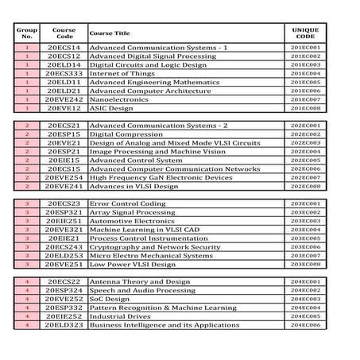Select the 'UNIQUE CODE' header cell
click(305, 33)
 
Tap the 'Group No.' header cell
click(27, 33)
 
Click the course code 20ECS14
click(64, 48)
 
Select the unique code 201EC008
click(305, 107)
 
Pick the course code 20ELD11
click(64, 82)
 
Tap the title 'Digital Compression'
click(122, 134)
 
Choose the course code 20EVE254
click(64, 177)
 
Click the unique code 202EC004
click(305, 151)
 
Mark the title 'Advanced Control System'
click(135, 160)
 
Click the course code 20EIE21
click(64, 238)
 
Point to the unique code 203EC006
click(305, 246)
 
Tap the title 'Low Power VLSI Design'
click(132, 264)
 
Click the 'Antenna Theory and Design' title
click(139, 281)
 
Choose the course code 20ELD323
click(64, 324)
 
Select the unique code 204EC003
click(305, 299)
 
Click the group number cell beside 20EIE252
click(27, 315)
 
